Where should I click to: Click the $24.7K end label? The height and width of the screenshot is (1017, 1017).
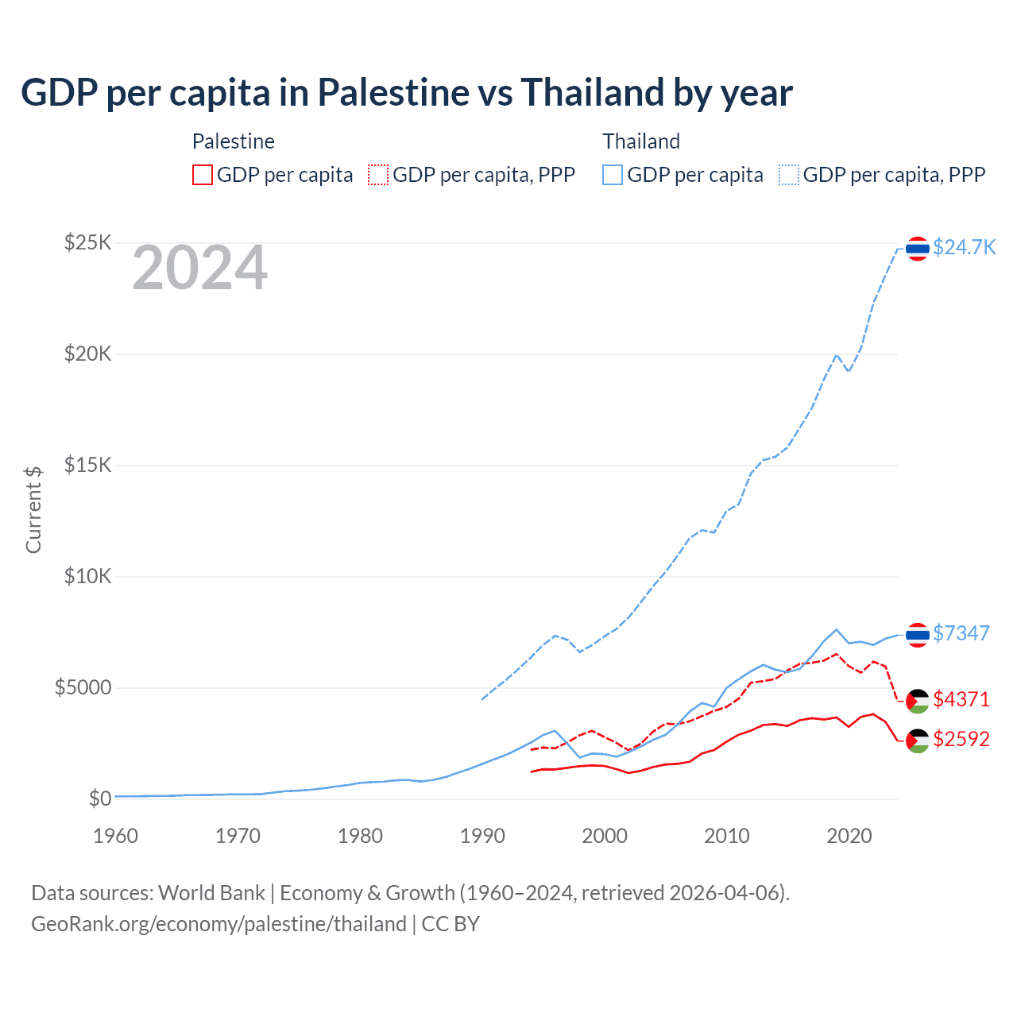coord(964,247)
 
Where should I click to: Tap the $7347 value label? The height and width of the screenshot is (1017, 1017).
coord(961,633)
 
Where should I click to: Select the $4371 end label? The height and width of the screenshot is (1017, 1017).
coord(961,699)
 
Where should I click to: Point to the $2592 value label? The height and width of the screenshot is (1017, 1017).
coord(961,739)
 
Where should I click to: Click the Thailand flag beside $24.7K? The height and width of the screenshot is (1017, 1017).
coord(918,249)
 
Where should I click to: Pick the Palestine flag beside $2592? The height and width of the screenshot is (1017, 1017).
coord(918,741)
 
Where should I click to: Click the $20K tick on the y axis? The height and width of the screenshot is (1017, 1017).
coord(87,354)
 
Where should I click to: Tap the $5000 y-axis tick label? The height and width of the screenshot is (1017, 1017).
coord(83,687)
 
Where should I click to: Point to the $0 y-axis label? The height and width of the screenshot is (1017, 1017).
coord(99,799)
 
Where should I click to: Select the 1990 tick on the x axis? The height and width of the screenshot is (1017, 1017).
coord(482,836)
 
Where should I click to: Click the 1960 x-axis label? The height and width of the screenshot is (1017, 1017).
coord(115,836)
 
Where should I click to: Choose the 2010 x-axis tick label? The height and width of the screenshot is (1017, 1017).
coord(727,836)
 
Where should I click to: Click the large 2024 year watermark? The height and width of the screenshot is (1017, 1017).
coord(199,268)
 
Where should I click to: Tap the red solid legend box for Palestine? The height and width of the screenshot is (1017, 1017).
coord(203,175)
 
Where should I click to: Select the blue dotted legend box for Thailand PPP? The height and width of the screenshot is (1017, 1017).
coord(789,175)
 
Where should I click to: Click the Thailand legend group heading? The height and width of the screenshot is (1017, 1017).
coord(641,141)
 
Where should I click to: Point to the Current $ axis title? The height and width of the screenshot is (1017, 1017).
coord(33,509)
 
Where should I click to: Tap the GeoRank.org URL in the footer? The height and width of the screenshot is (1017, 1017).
coord(218,924)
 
